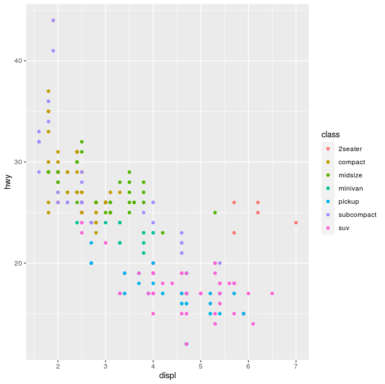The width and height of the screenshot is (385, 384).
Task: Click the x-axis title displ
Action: tap(167, 376)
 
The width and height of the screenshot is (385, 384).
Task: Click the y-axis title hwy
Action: tap(8, 182)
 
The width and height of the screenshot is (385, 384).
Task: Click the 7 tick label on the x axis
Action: tap(296, 366)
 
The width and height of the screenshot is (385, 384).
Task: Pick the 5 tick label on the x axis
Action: tap(201, 366)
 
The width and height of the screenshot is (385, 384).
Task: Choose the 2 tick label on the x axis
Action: tap(58, 366)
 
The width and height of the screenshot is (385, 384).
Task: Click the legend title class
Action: tap(331, 134)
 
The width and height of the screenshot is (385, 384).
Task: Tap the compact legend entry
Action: tap(351, 162)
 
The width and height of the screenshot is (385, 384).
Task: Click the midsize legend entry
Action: tap(350, 175)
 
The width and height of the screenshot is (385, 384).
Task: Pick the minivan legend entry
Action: tap(350, 188)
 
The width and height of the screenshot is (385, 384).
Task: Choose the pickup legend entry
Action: tap(348, 201)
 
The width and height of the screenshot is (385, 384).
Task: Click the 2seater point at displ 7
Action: tap(296, 223)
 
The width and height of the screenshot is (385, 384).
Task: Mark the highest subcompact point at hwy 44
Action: tap(53, 20)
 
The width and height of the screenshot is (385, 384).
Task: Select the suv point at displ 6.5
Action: tap(272, 294)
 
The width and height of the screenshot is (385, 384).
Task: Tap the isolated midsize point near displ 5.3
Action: tap(215, 212)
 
